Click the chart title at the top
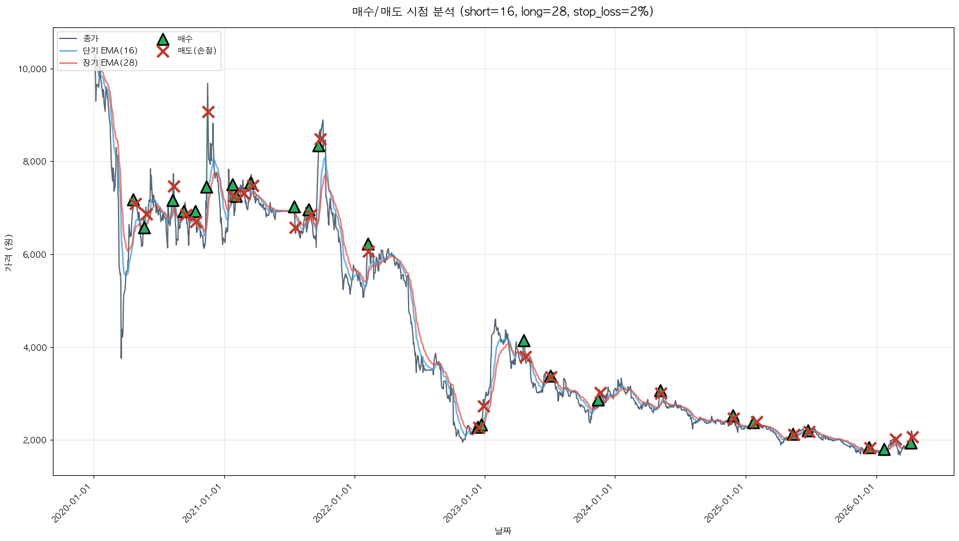[502, 12]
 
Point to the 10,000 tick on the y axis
[33, 69]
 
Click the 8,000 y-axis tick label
[34, 162]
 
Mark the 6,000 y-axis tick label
[34, 254]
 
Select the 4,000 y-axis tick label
[34, 347]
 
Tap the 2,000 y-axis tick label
[34, 440]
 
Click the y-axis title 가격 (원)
[8, 252]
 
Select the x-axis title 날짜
[503, 531]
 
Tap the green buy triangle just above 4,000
[524, 341]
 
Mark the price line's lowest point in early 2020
[121, 357]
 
